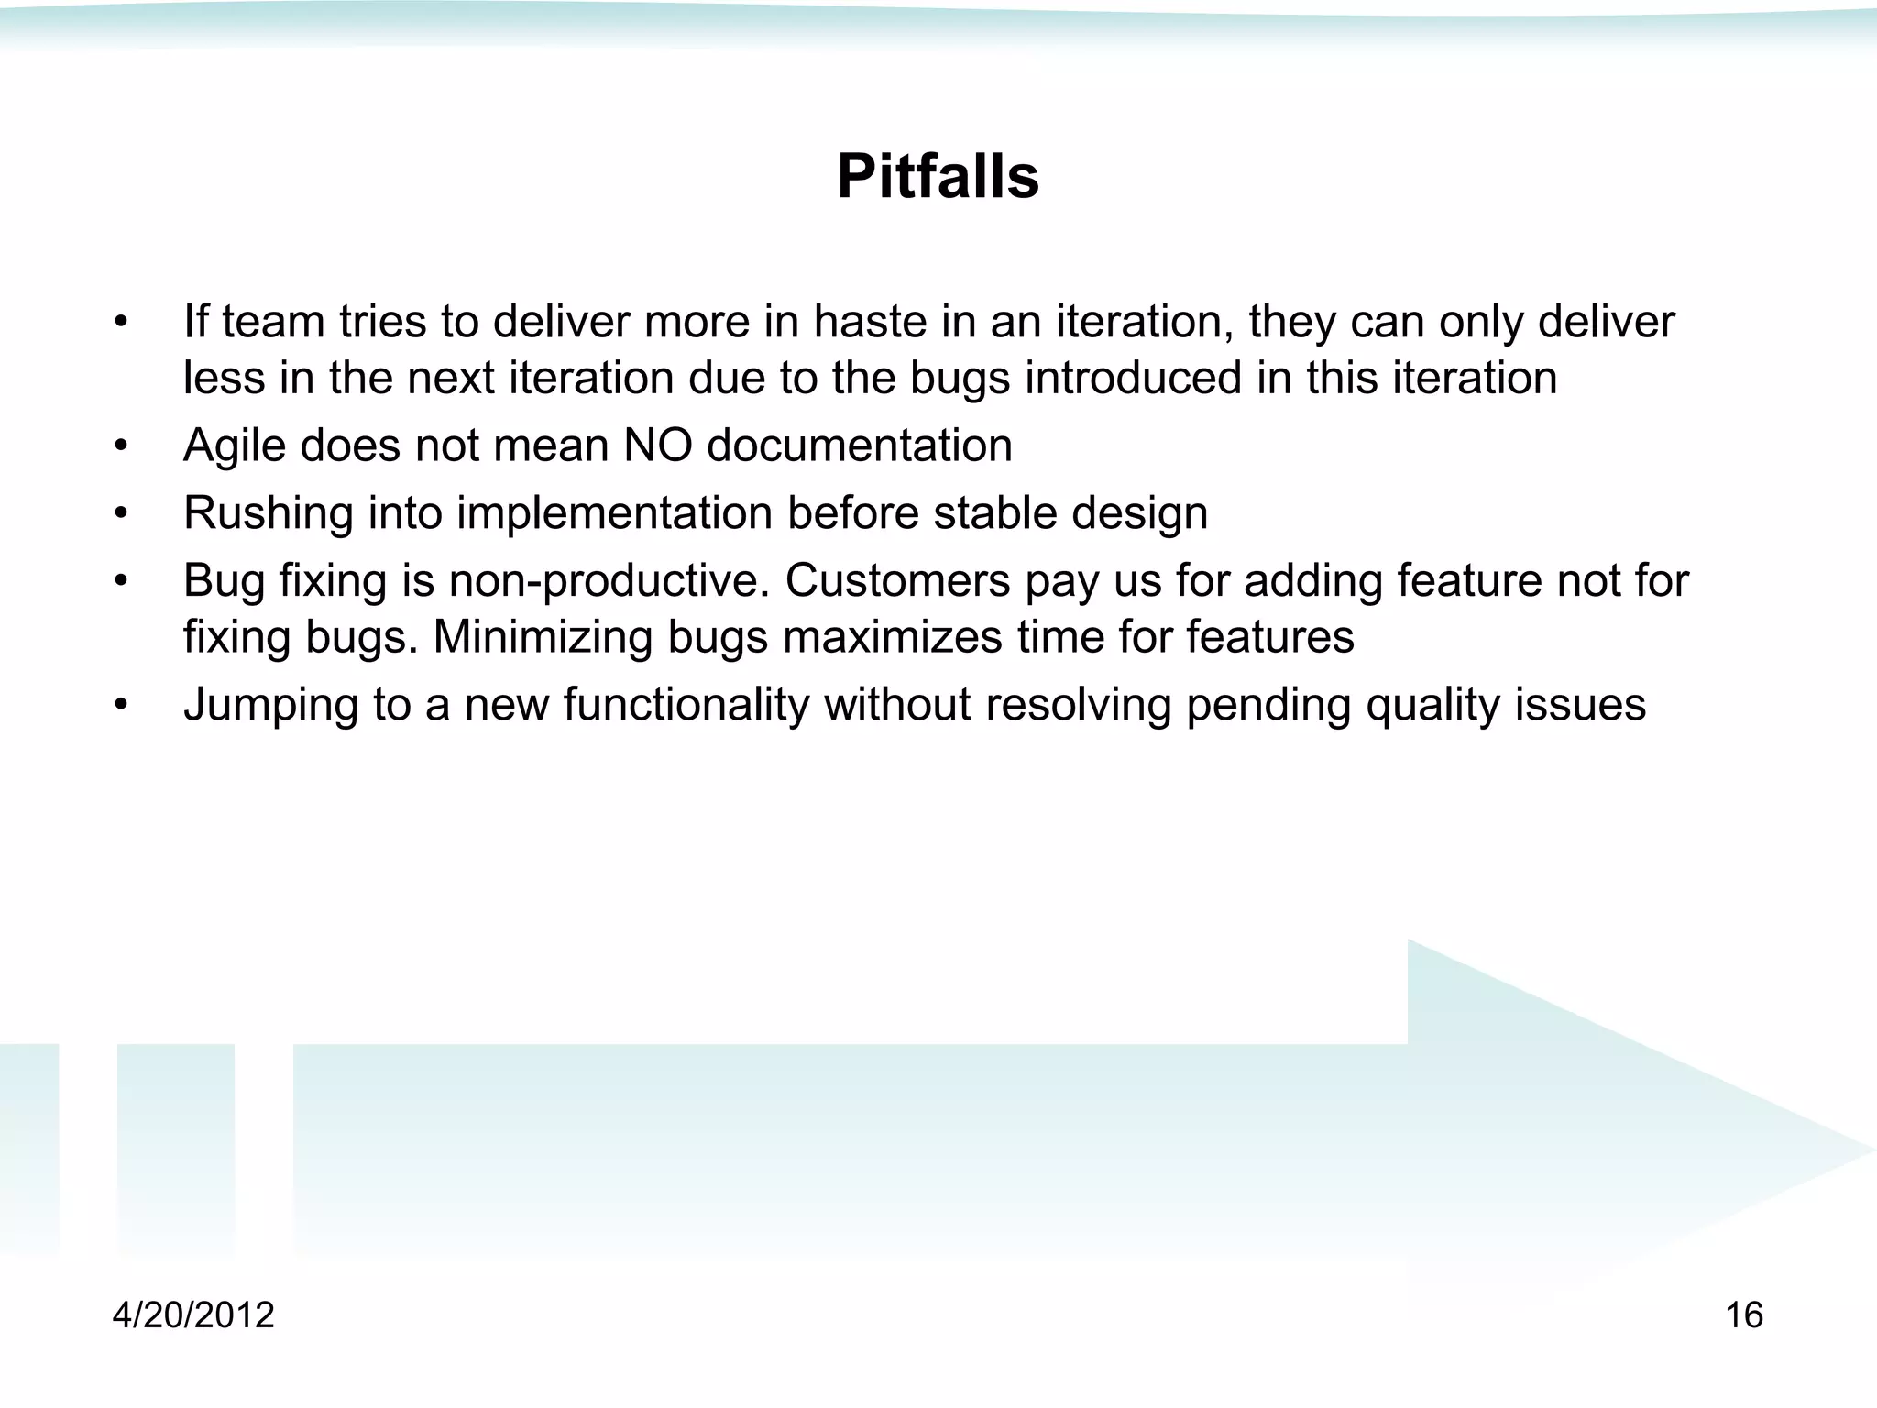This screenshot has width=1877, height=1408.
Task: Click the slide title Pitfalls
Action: click(938, 176)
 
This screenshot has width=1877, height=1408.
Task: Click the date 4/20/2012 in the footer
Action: click(193, 1314)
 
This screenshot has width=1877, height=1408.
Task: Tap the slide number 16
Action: click(1743, 1314)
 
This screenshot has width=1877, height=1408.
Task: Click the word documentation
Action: click(859, 445)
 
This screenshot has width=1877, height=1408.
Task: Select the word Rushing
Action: click(268, 513)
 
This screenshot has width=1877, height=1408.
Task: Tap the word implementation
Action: click(614, 513)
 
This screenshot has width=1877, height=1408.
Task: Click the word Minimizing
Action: click(543, 637)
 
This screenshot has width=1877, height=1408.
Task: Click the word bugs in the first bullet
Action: click(960, 379)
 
